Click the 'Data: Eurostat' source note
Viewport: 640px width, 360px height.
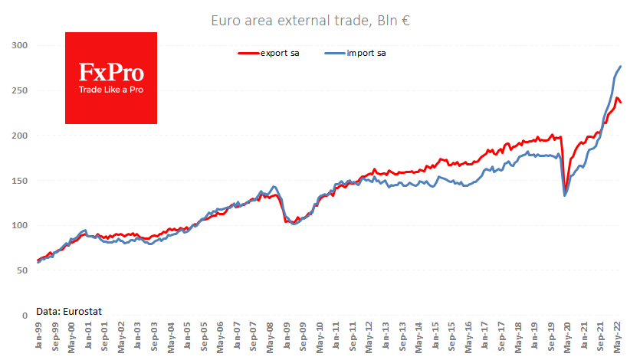click(x=69, y=310)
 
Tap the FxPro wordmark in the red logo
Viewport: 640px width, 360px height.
click(x=111, y=73)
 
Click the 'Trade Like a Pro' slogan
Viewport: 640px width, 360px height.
click(x=111, y=90)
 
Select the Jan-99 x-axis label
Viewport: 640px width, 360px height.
click(x=38, y=337)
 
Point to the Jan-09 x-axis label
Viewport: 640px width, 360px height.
click(x=286, y=337)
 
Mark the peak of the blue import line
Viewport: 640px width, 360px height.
click(x=620, y=67)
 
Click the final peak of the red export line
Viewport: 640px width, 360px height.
click(x=617, y=97)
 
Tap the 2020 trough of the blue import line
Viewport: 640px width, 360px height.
click(x=565, y=195)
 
